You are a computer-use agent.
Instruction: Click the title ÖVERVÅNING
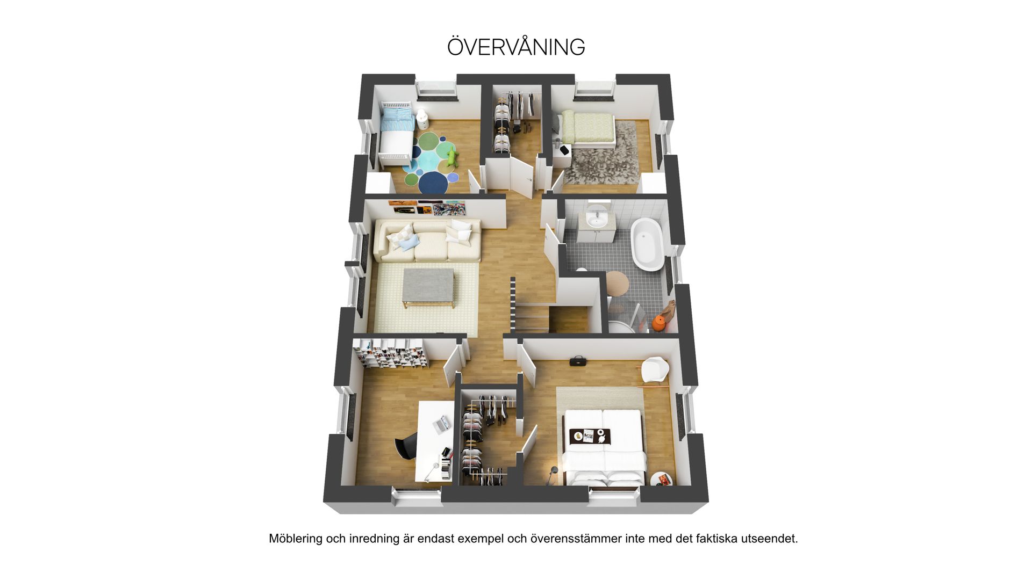[516, 47]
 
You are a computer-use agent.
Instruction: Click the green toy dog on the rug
[452, 158]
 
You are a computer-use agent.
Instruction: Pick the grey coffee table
[428, 288]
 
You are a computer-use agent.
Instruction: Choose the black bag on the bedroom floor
[578, 361]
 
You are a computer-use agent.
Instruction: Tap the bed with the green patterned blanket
[587, 129]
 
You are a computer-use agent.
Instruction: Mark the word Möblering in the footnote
[296, 539]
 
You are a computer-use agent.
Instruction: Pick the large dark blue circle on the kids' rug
[434, 183]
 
